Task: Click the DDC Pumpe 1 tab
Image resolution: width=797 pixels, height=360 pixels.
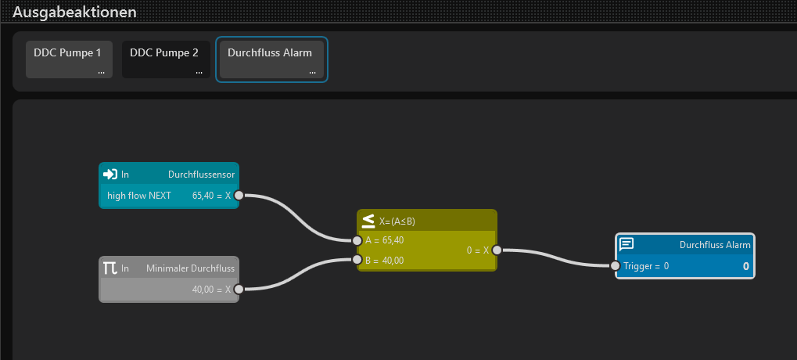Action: tap(69, 59)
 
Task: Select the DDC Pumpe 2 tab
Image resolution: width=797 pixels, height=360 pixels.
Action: tap(166, 59)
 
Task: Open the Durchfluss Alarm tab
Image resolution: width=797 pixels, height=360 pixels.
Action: tap(271, 59)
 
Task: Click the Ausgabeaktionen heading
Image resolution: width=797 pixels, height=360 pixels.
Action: tap(74, 12)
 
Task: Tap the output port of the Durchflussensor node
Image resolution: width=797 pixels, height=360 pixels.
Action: tap(239, 195)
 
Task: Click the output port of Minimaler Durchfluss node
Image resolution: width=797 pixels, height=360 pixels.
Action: tap(239, 290)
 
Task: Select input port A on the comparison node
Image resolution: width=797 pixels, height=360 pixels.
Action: tap(357, 240)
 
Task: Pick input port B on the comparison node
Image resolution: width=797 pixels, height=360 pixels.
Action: tap(357, 261)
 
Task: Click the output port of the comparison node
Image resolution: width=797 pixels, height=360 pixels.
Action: tap(497, 250)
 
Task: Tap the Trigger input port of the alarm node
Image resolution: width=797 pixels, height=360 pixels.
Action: tap(615, 265)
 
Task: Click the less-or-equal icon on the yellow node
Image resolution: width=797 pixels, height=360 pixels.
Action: tap(368, 221)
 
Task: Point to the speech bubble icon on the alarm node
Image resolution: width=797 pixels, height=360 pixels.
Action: tap(626, 245)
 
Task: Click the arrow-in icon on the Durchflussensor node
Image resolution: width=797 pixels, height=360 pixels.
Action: tap(109, 175)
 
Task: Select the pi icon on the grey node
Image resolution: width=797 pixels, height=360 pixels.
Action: tap(110, 268)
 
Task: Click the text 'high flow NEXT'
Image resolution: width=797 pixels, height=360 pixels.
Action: tap(139, 195)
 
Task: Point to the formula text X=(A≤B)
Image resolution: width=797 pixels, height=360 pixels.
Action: tap(397, 221)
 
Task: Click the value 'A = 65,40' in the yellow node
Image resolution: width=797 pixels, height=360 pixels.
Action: tap(385, 240)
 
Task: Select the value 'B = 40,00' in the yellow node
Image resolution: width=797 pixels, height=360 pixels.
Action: tap(385, 261)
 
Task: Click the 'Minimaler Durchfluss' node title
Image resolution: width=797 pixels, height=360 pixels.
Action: tap(191, 268)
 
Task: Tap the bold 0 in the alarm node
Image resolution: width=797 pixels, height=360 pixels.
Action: tap(745, 266)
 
